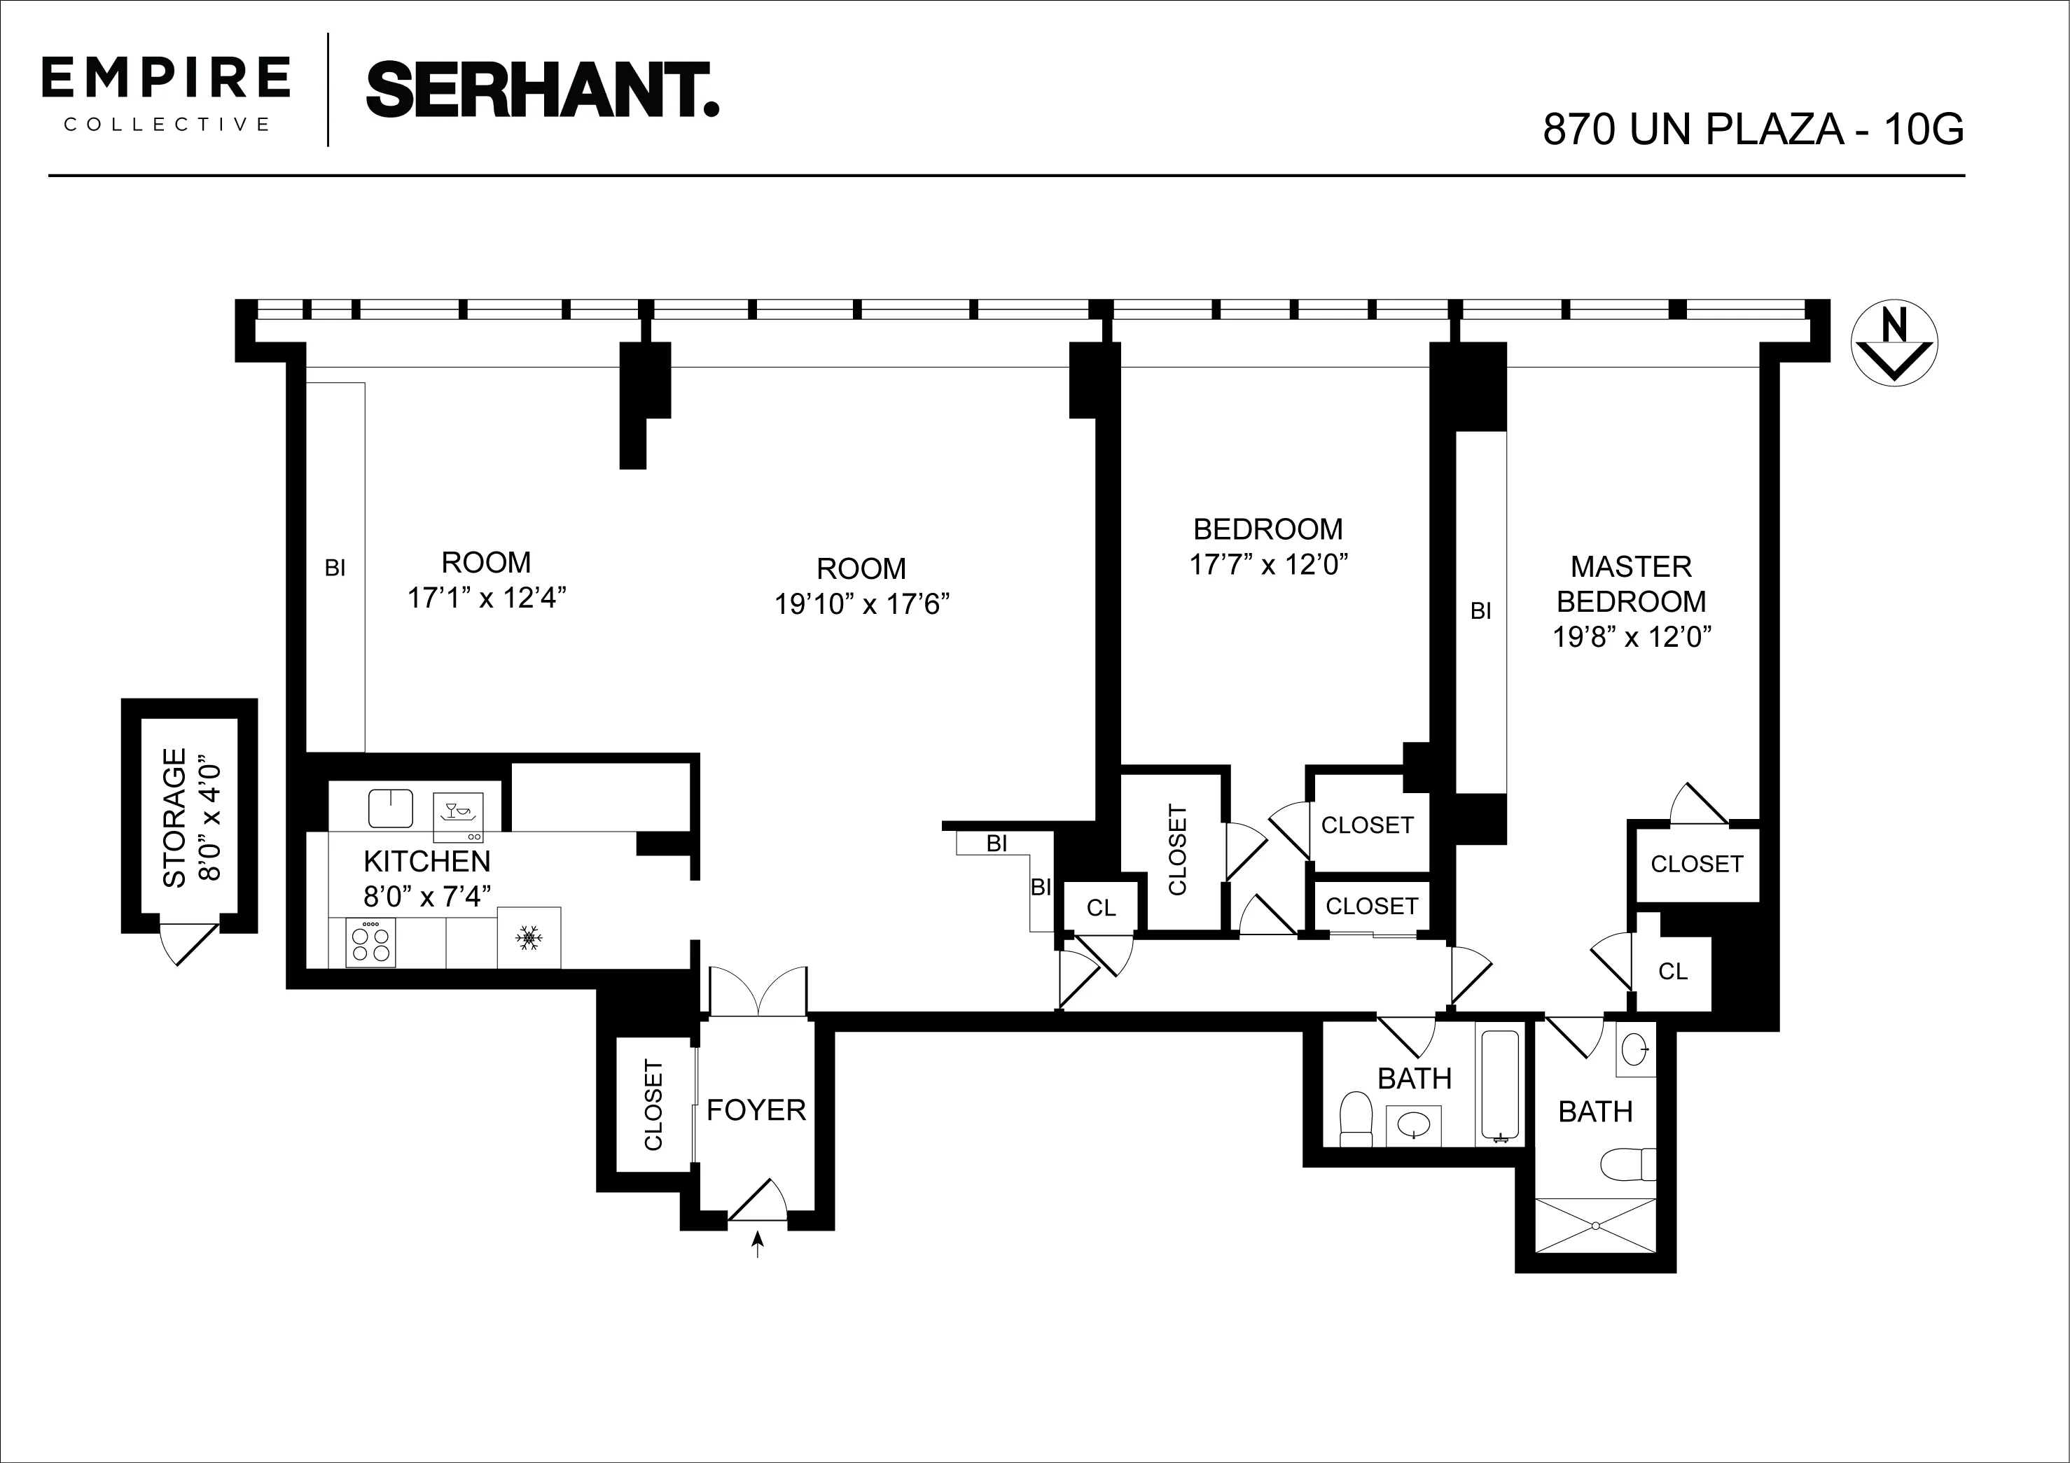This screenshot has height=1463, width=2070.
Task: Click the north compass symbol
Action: click(1894, 344)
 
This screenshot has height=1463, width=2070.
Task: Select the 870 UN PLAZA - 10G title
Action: click(1753, 129)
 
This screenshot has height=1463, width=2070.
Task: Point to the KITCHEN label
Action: click(426, 862)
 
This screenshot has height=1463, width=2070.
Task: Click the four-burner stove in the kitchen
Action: click(370, 942)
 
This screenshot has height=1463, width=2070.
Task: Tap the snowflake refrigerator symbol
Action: click(528, 939)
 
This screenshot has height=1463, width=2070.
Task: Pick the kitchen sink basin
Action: click(390, 808)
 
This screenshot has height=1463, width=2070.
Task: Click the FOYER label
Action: click(756, 1110)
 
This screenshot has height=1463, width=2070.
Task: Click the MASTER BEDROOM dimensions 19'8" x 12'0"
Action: click(1631, 637)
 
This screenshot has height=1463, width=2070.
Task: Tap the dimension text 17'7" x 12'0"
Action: click(1267, 564)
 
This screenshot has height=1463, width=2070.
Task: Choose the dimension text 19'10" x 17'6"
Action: click(862, 604)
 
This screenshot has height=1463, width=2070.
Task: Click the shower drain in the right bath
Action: click(1595, 1226)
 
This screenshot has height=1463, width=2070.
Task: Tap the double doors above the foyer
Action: click(758, 992)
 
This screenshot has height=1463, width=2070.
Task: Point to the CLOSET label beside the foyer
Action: click(653, 1106)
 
